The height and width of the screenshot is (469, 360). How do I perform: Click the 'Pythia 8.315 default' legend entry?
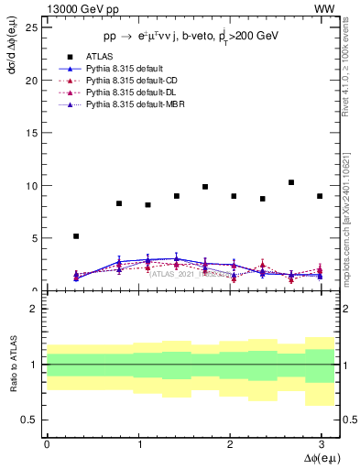(x=125, y=69)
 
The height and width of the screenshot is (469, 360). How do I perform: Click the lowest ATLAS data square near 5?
(x=76, y=236)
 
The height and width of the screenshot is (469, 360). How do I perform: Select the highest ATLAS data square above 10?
(x=291, y=182)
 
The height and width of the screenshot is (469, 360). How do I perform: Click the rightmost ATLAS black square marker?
(x=320, y=196)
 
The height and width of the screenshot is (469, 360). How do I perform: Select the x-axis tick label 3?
(x=321, y=442)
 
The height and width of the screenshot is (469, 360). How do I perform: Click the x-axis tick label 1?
(x=137, y=442)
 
